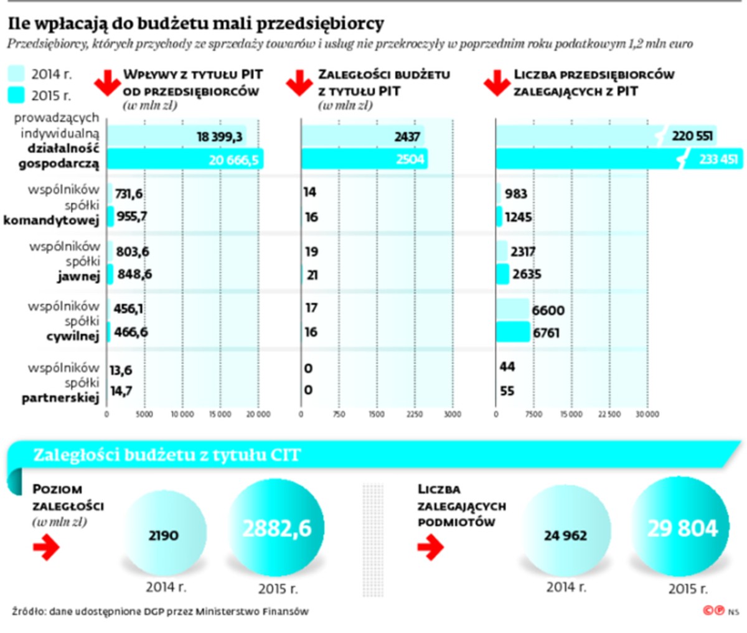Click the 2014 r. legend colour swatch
pyautogui.click(x=16, y=74)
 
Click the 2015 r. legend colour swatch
pyautogui.click(x=16, y=95)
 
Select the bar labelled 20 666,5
pyautogui.click(x=185, y=159)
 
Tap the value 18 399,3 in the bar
pyautogui.click(x=220, y=136)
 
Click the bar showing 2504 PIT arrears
pyautogui.click(x=363, y=159)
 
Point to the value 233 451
pyautogui.click(x=718, y=159)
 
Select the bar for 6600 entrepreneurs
pyautogui.click(x=512, y=309)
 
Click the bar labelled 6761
pyautogui.click(x=512, y=332)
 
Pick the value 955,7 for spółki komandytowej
pyautogui.click(x=132, y=217)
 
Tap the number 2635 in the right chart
pyautogui.click(x=526, y=274)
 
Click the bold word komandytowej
pyautogui.click(x=51, y=220)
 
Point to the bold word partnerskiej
pyautogui.click(x=60, y=398)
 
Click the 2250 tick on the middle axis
pyautogui.click(x=415, y=415)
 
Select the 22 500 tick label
pyautogui.click(x=609, y=415)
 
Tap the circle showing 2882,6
pyautogui.click(x=277, y=529)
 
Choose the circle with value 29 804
pyautogui.click(x=682, y=528)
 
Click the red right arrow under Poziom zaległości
pyautogui.click(x=46, y=547)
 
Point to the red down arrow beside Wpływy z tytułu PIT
pyautogui.click(x=107, y=83)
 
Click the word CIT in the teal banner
pyautogui.click(x=285, y=456)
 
